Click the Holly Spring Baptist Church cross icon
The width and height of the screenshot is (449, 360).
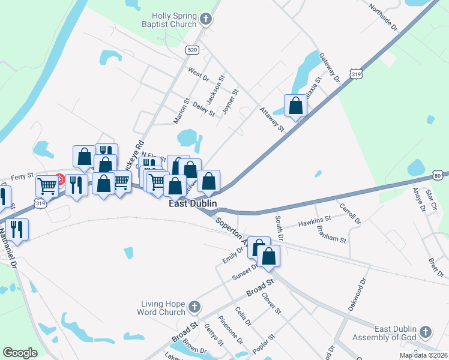pyautogui.click(x=206, y=20)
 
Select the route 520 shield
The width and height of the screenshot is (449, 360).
pyautogui.click(x=191, y=50)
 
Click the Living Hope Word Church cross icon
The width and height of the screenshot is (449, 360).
pyautogui.click(x=193, y=307)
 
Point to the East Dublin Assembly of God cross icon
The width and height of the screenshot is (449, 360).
pyautogui.click(x=425, y=332)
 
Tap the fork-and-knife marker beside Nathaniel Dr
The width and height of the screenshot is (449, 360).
pyautogui.click(x=17, y=230)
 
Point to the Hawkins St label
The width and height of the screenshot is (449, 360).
pyautogui.click(x=315, y=223)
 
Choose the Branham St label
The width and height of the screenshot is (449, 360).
pyautogui.click(x=335, y=236)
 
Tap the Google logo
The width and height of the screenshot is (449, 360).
pyautogui.click(x=20, y=353)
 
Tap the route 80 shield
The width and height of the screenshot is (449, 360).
pyautogui.click(x=438, y=175)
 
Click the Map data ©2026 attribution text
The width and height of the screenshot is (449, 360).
pyautogui.click(x=424, y=355)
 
